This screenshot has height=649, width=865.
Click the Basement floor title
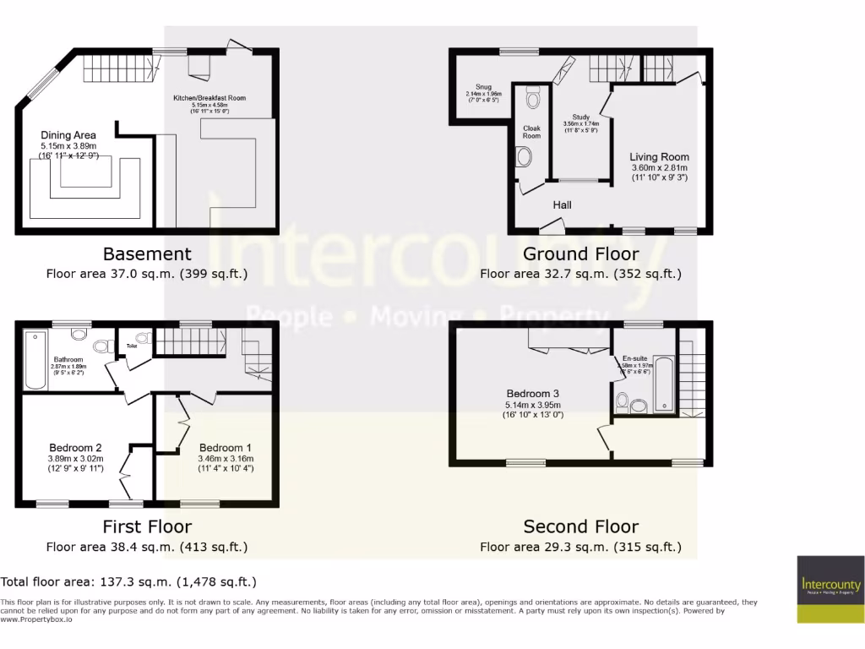pyautogui.click(x=147, y=254)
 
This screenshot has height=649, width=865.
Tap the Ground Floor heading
pyautogui.click(x=580, y=254)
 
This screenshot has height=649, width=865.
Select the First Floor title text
pyautogui.click(x=147, y=526)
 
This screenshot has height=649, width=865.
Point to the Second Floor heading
pyautogui.click(x=580, y=526)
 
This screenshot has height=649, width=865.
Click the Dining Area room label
pyautogui.click(x=68, y=135)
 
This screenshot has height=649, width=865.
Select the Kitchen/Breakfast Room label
pyautogui.click(x=209, y=98)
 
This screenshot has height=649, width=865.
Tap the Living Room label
pyautogui.click(x=659, y=157)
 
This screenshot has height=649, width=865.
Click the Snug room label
pyautogui.click(x=483, y=86)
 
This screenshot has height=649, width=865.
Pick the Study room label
pyautogui.click(x=580, y=117)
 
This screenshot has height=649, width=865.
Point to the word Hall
pyautogui.click(x=563, y=205)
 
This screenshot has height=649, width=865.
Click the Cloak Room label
pyautogui.click(x=531, y=132)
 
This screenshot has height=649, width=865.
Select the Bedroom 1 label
pyautogui.click(x=226, y=448)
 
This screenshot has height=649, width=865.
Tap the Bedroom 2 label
pyautogui.click(x=75, y=448)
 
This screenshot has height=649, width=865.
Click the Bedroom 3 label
pyautogui.click(x=533, y=394)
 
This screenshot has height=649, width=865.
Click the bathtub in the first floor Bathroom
pyautogui.click(x=35, y=363)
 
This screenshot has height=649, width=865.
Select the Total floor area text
pyautogui.click(x=128, y=582)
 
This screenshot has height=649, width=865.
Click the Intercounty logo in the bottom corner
pyautogui.click(x=830, y=588)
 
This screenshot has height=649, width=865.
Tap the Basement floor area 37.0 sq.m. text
pyautogui.click(x=147, y=274)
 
